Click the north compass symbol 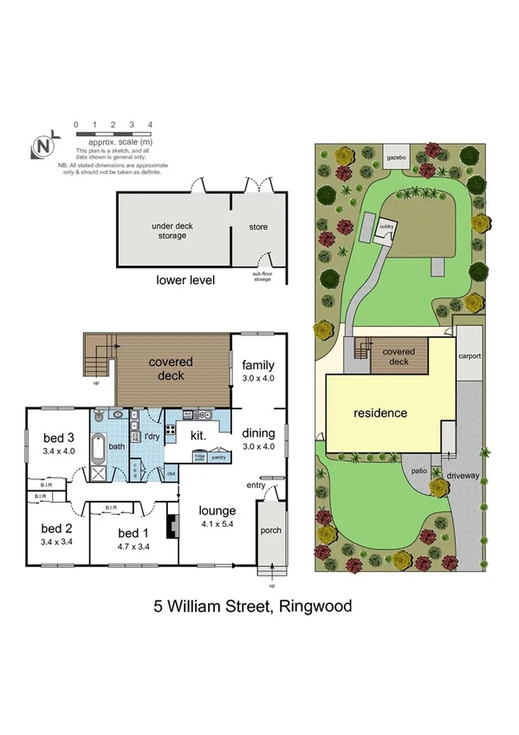(41, 146)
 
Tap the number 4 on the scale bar (151, 125)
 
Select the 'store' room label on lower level (258, 227)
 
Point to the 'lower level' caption (185, 280)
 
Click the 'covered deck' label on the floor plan (170, 368)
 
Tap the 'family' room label (258, 365)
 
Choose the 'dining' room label (258, 433)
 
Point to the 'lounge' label (217, 511)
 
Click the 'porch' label (271, 530)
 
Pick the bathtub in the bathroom (98, 452)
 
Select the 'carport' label (470, 356)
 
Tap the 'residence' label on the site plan (380, 413)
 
